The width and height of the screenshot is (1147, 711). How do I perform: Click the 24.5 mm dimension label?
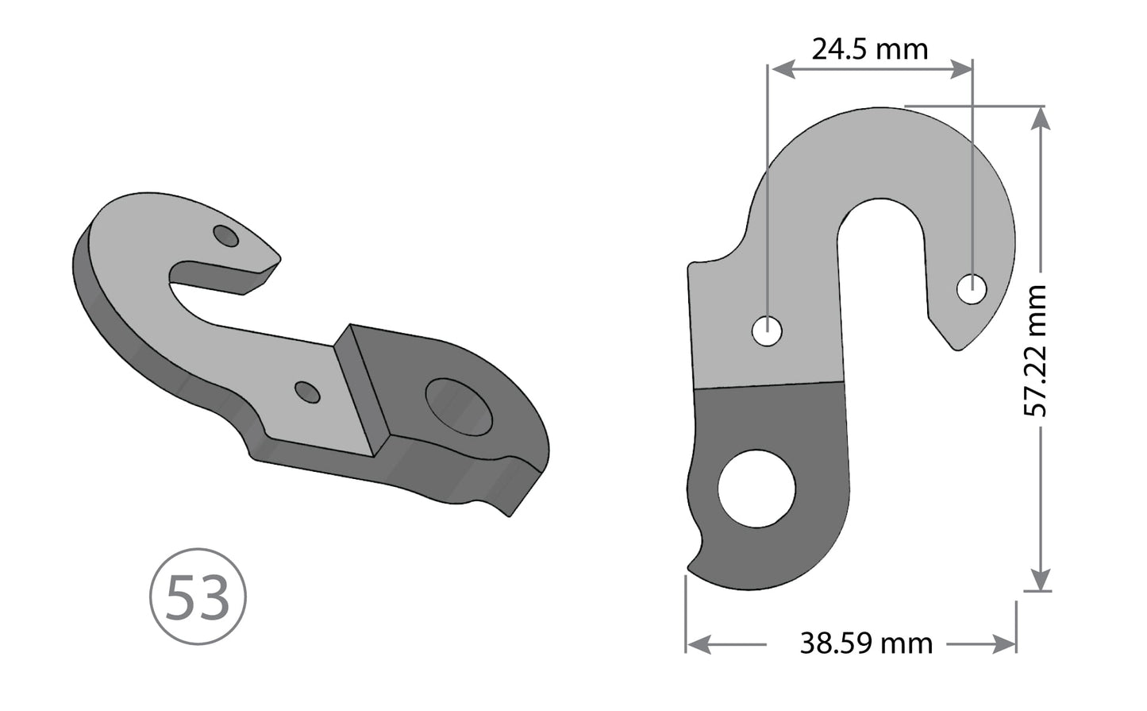[869, 49]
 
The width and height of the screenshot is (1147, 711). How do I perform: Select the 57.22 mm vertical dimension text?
[1036, 350]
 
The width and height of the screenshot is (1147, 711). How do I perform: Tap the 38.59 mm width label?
[866, 642]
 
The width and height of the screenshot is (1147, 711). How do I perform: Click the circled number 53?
[198, 597]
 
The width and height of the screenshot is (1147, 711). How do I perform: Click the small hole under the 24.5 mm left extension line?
[767, 330]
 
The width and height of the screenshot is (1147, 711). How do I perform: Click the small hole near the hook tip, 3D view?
[227, 236]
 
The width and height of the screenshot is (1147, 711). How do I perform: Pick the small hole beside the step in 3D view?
[307, 392]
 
